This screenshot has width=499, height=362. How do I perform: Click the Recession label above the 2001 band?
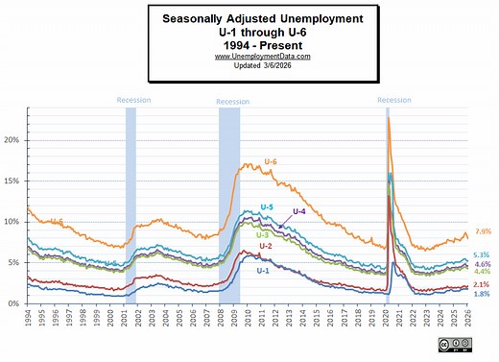[x=132, y=100]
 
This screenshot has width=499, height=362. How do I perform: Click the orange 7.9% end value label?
[x=483, y=231]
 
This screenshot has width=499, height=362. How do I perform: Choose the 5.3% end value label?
[x=483, y=254]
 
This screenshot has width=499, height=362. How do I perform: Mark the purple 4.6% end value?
[x=483, y=264]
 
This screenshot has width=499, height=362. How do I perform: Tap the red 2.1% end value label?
[x=483, y=284]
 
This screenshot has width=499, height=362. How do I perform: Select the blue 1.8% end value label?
[x=483, y=294]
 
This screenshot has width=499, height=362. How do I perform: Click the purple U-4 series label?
[x=298, y=211]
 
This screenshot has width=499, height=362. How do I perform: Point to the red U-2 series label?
[x=265, y=247]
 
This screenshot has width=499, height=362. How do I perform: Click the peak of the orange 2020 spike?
[x=388, y=118]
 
